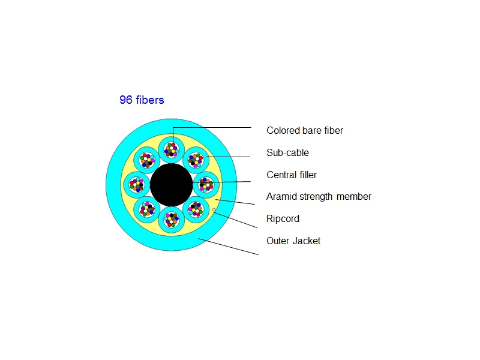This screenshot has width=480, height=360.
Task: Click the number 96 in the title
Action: [125, 100]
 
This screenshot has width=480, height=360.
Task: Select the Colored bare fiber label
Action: [305, 130]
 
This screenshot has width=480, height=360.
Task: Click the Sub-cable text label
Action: [287, 152]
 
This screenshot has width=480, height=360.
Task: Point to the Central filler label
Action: [292, 175]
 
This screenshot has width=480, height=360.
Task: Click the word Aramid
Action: [281, 196]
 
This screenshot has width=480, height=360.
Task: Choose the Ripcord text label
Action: [283, 218]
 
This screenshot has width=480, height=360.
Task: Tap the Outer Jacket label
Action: [293, 241]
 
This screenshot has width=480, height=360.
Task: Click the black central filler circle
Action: [172, 184]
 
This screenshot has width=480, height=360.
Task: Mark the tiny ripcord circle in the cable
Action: [214, 209]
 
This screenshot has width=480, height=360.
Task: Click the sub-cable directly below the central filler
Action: [172, 220]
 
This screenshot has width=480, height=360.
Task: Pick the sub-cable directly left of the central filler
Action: [137, 184]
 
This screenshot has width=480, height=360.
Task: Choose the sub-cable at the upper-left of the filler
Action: [147, 160]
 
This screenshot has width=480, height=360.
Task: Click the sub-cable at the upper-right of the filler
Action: [196, 160]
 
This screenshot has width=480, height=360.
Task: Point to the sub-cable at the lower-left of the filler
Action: [147, 209]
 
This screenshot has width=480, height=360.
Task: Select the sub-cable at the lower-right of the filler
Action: [196, 209]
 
